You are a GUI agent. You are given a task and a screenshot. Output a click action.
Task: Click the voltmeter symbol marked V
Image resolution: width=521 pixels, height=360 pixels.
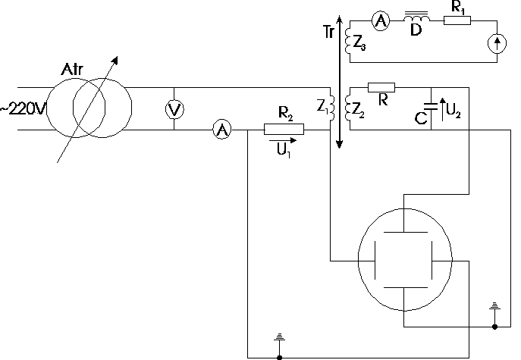click(x=175, y=110)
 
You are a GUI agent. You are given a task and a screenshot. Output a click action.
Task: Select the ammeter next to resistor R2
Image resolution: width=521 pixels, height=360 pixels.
click(x=222, y=130)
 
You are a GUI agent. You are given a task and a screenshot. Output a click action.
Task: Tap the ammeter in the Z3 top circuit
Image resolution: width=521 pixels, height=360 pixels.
click(x=381, y=23)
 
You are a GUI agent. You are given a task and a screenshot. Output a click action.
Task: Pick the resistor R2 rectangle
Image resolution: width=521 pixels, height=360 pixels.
click(x=284, y=130)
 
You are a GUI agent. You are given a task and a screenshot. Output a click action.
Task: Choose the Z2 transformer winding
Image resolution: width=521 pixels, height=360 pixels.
click(x=350, y=111)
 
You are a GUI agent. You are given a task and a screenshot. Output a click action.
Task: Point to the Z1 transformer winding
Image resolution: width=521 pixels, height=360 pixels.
click(x=331, y=111)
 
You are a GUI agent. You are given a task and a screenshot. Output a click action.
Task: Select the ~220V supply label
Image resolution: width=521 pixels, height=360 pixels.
click(x=23, y=108)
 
